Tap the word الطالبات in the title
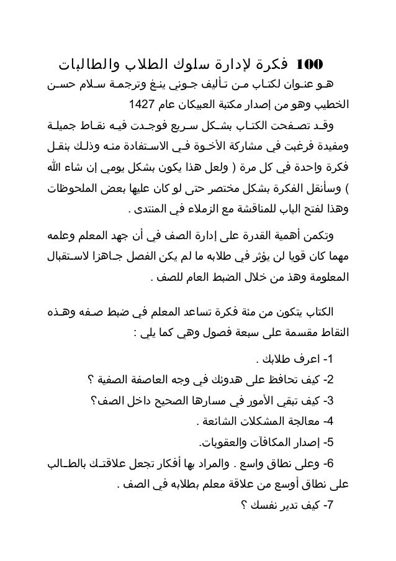point(79,65)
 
